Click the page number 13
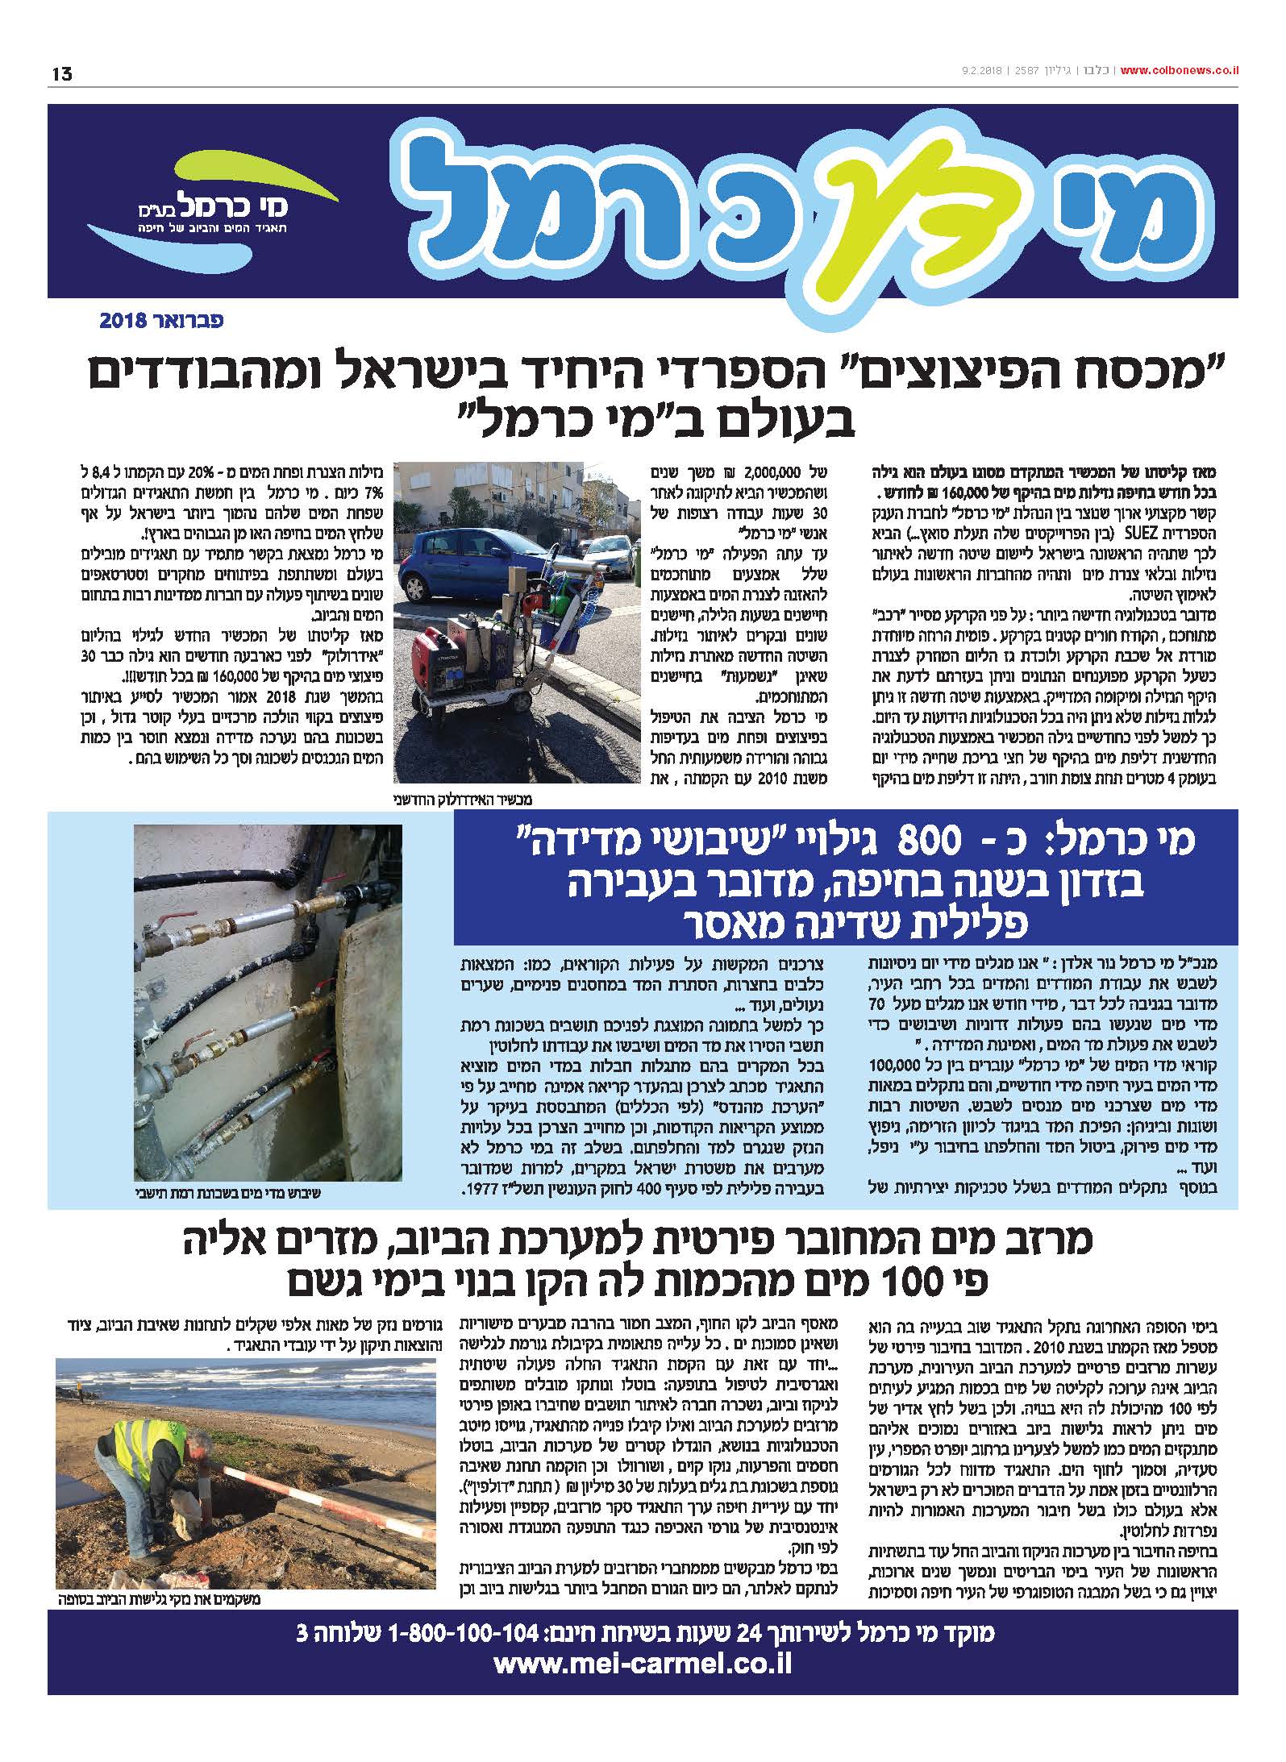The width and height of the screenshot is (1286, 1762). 61,73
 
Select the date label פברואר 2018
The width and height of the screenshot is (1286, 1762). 161,320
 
